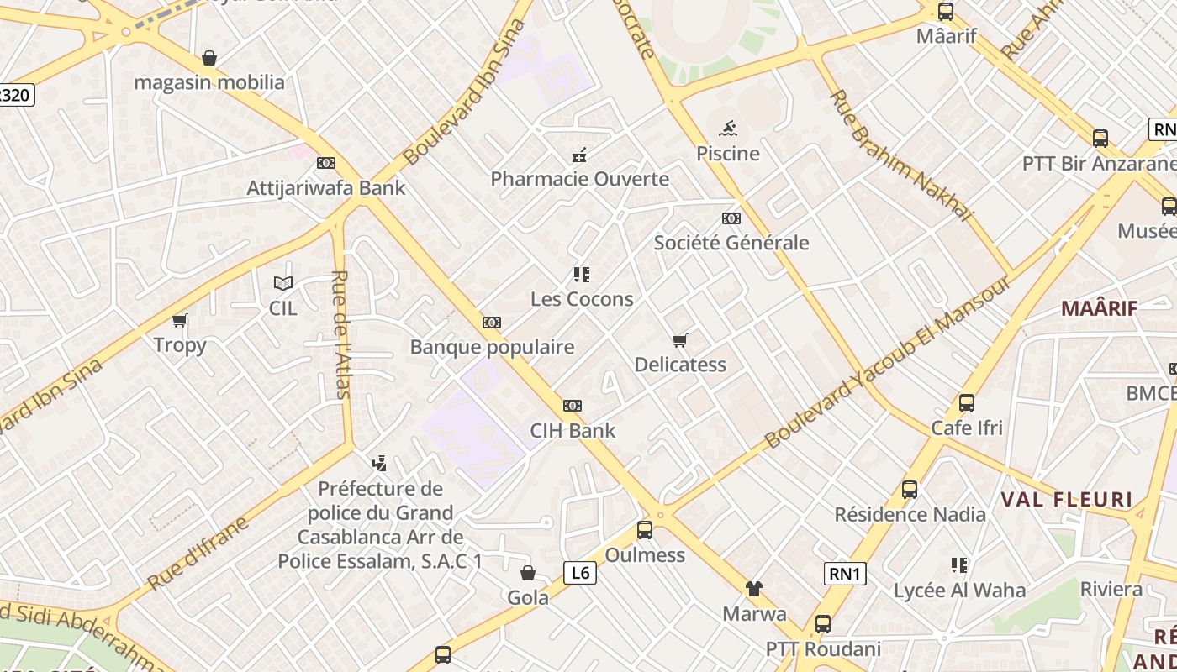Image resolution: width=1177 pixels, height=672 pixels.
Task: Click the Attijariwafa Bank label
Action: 325,187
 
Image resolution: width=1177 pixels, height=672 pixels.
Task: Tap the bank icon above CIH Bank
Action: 573,406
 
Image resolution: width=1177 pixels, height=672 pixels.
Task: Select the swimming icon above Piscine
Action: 728,129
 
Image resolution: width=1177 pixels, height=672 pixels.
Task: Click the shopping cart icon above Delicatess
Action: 680,340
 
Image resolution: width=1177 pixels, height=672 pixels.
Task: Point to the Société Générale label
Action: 731,243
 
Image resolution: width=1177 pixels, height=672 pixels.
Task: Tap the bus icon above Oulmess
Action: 645,530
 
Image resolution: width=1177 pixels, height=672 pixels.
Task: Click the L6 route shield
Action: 579,573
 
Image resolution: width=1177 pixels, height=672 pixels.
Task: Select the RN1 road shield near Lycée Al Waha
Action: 845,574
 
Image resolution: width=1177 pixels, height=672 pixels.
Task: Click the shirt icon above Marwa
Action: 754,589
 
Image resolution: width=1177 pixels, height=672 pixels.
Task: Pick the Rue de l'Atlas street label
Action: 340,333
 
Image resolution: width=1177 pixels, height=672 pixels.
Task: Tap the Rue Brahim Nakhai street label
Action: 900,155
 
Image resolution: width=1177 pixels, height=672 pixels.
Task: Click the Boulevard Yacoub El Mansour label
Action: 889,361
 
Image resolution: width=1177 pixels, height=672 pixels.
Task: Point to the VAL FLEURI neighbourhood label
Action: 1066,500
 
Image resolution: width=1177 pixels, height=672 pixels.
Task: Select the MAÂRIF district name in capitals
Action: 1099,308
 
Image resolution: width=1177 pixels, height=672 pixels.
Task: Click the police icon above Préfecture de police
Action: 379,463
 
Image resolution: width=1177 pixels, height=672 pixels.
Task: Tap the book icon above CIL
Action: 283,284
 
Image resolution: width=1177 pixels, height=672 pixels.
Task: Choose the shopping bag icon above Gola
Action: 528,573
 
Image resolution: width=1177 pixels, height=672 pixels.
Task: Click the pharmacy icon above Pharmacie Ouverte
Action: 579,155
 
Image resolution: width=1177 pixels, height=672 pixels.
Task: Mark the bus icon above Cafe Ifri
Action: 967,403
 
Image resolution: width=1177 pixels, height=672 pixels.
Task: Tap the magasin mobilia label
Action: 209,82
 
